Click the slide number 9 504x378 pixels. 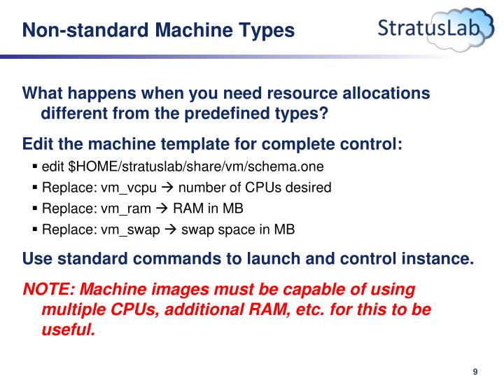475,352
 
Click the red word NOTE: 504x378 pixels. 45,289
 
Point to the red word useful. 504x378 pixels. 68,330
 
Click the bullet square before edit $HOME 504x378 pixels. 35,167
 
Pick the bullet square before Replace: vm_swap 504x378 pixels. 35,230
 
